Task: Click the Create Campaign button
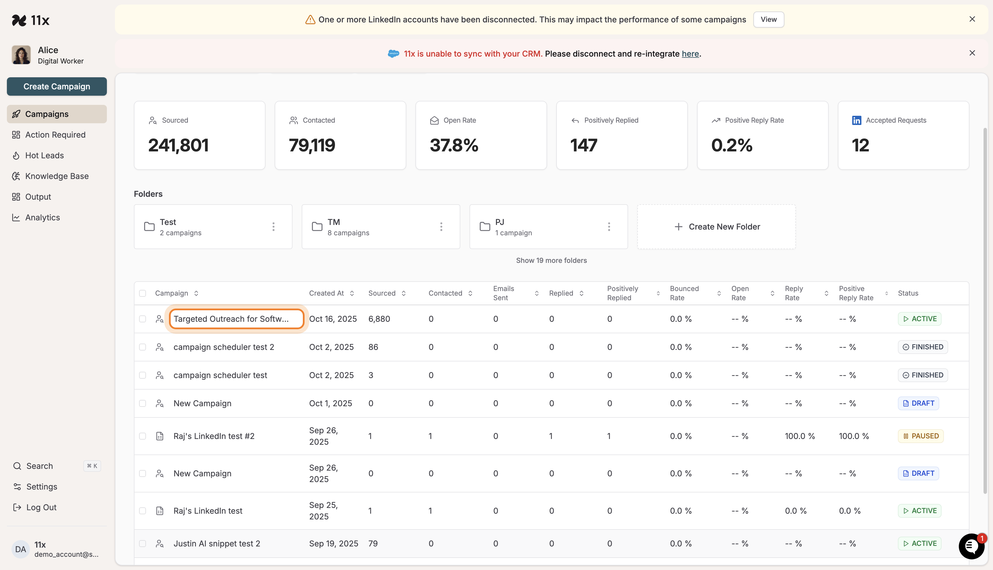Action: click(57, 86)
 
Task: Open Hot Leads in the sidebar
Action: click(44, 155)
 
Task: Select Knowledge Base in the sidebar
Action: click(57, 176)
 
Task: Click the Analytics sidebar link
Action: click(42, 218)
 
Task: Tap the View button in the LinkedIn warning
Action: click(768, 20)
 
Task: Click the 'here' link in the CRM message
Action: click(690, 54)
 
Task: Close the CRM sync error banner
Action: click(972, 53)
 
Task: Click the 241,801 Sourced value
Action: click(178, 145)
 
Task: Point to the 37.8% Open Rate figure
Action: click(454, 145)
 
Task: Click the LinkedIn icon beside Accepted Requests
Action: click(857, 120)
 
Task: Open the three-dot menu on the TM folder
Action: click(441, 227)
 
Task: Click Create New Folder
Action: click(716, 227)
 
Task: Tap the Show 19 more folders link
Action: click(551, 260)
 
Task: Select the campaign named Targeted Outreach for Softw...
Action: click(231, 319)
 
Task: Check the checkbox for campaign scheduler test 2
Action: click(143, 347)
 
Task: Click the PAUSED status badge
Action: click(920, 436)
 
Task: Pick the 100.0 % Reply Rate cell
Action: click(800, 436)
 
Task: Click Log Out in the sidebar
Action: click(41, 507)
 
